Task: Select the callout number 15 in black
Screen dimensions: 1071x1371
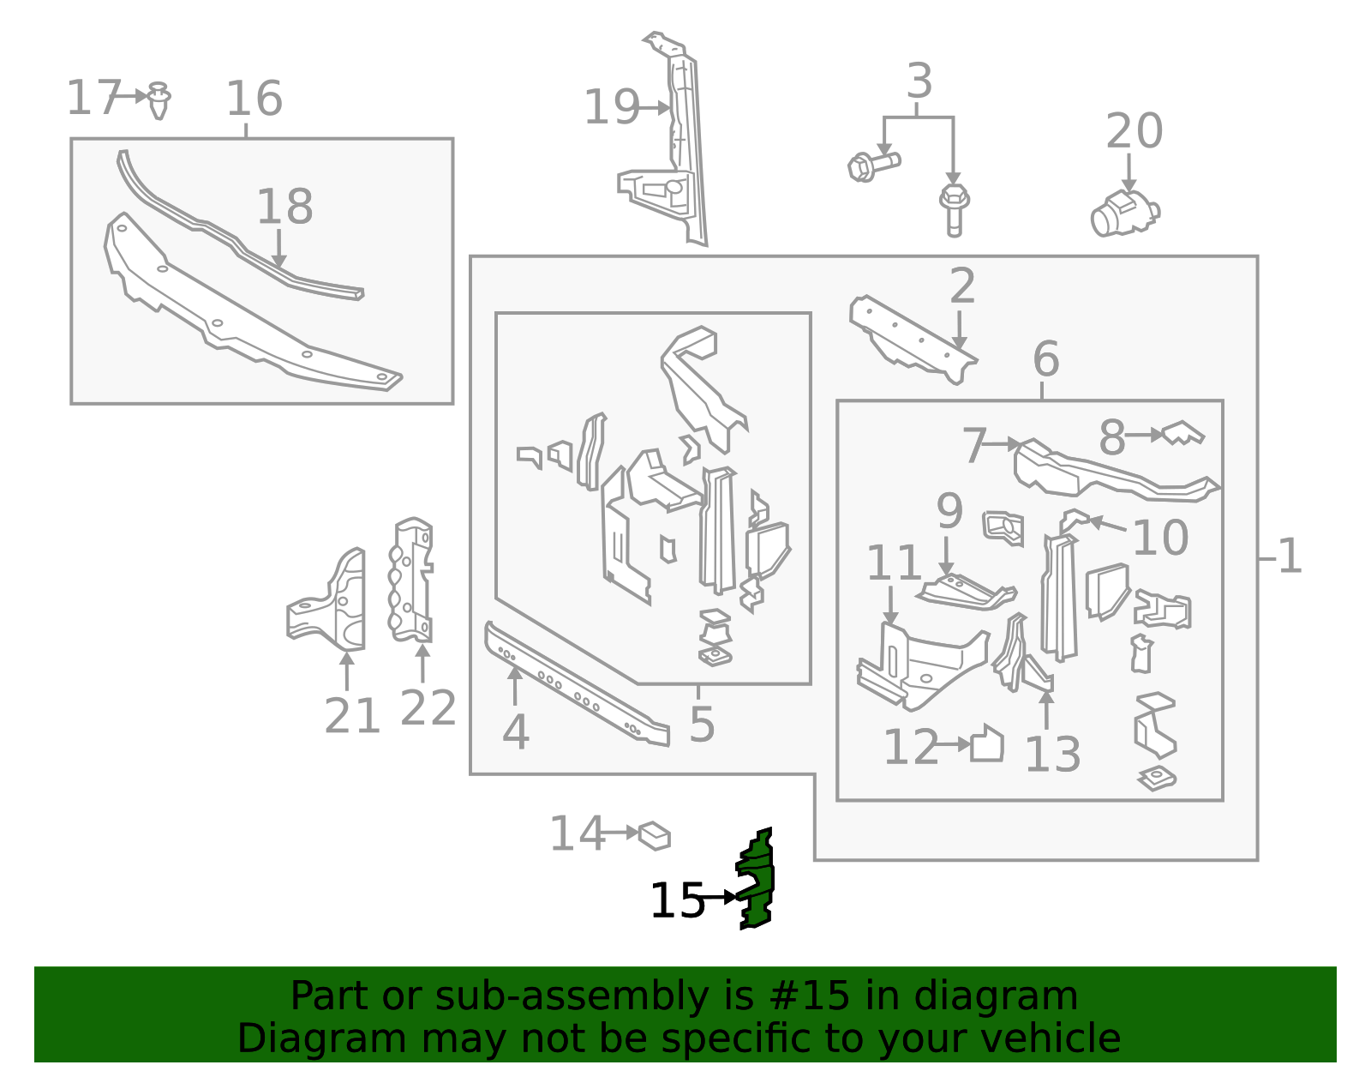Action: (676, 901)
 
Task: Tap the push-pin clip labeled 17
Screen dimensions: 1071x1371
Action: (159, 100)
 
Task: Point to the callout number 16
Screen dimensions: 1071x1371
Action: (254, 99)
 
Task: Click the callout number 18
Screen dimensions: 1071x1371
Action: (284, 208)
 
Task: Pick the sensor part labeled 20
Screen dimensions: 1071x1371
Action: (1123, 213)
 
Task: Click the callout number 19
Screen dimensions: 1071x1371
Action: (611, 108)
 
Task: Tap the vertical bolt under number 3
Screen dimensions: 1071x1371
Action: (954, 209)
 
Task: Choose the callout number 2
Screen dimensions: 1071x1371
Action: (961, 286)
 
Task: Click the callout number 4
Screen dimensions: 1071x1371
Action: (515, 733)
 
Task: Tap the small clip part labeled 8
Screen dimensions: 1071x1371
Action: (1184, 433)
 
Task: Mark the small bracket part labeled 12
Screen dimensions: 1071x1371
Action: (986, 744)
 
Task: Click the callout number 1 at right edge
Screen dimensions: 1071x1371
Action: (1289, 557)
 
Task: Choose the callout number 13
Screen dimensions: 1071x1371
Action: (1051, 755)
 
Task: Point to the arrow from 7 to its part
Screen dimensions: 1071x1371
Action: (1001, 444)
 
